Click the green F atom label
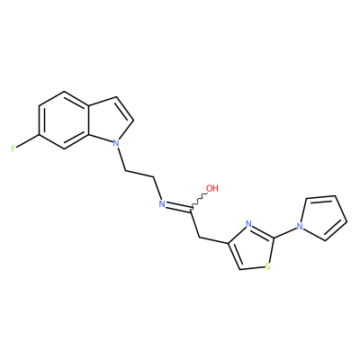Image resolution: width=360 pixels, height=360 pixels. pos(13,148)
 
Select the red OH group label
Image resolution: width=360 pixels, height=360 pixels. pos(212,188)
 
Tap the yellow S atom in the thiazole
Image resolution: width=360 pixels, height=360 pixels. pos(268,266)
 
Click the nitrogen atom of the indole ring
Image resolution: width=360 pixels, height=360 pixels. pos(116,143)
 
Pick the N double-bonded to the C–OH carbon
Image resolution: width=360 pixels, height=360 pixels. pos(162,204)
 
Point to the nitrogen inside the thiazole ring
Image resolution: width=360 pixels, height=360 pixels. pos(248,224)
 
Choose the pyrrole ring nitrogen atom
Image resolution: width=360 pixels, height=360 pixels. pos(300,226)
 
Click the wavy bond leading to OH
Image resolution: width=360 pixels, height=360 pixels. pos(198,202)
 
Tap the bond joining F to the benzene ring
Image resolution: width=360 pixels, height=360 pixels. pos(28,141)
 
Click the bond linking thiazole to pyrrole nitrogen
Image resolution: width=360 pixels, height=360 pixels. pos(284,232)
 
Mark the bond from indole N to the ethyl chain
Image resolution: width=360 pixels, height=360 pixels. pos(121,159)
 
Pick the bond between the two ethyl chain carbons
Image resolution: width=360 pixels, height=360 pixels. pos(139,174)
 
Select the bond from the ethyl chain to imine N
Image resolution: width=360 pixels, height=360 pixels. pos(157,188)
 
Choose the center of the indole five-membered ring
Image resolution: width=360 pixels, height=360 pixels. pos(109,121)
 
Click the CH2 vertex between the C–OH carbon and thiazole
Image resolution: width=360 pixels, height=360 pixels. pos(199,237)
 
